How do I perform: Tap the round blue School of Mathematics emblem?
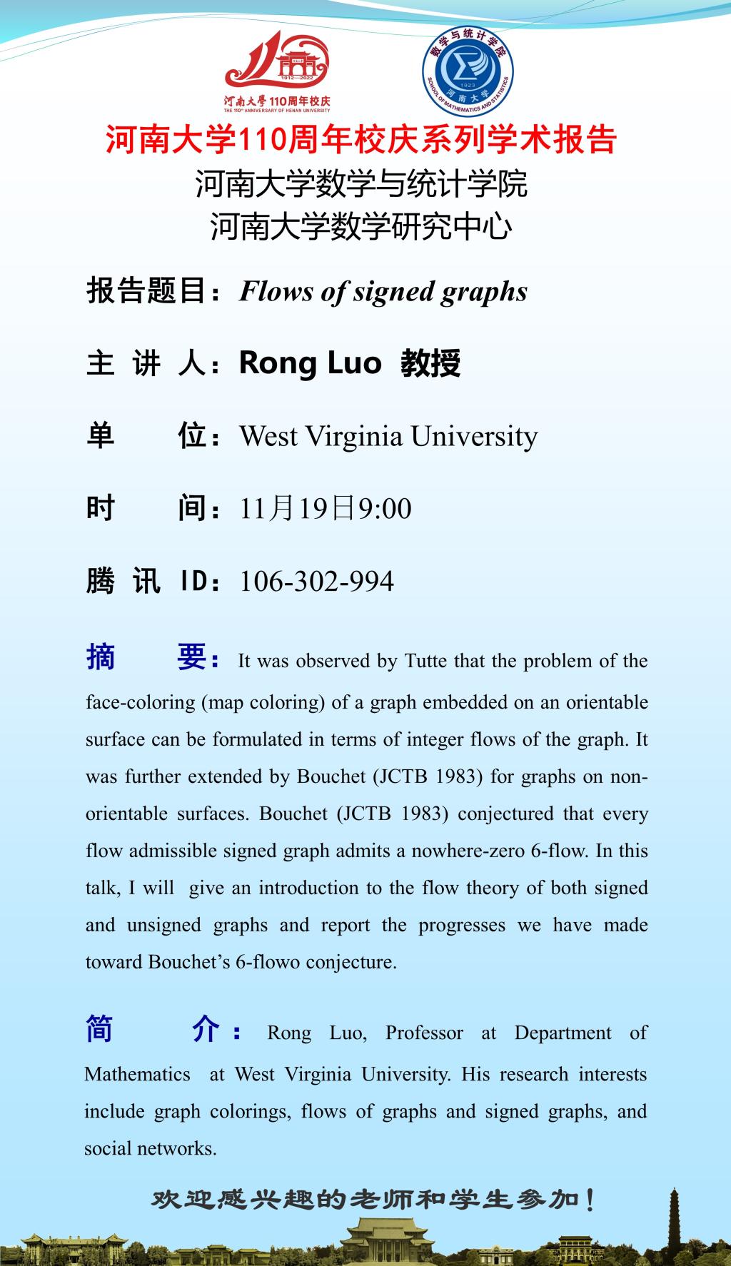click(468, 72)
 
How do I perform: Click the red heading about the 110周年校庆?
click(361, 140)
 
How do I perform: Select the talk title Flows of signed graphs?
click(383, 291)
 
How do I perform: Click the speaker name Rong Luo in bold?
click(310, 363)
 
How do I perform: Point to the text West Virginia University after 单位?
click(388, 436)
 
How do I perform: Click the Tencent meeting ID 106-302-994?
click(316, 581)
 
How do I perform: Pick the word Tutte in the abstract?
click(426, 661)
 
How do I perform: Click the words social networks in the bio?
click(150, 1148)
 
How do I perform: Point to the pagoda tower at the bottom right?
click(675, 1221)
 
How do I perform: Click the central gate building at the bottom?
click(385, 1240)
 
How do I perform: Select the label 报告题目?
click(146, 291)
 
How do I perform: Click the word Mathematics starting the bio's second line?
click(137, 1074)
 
